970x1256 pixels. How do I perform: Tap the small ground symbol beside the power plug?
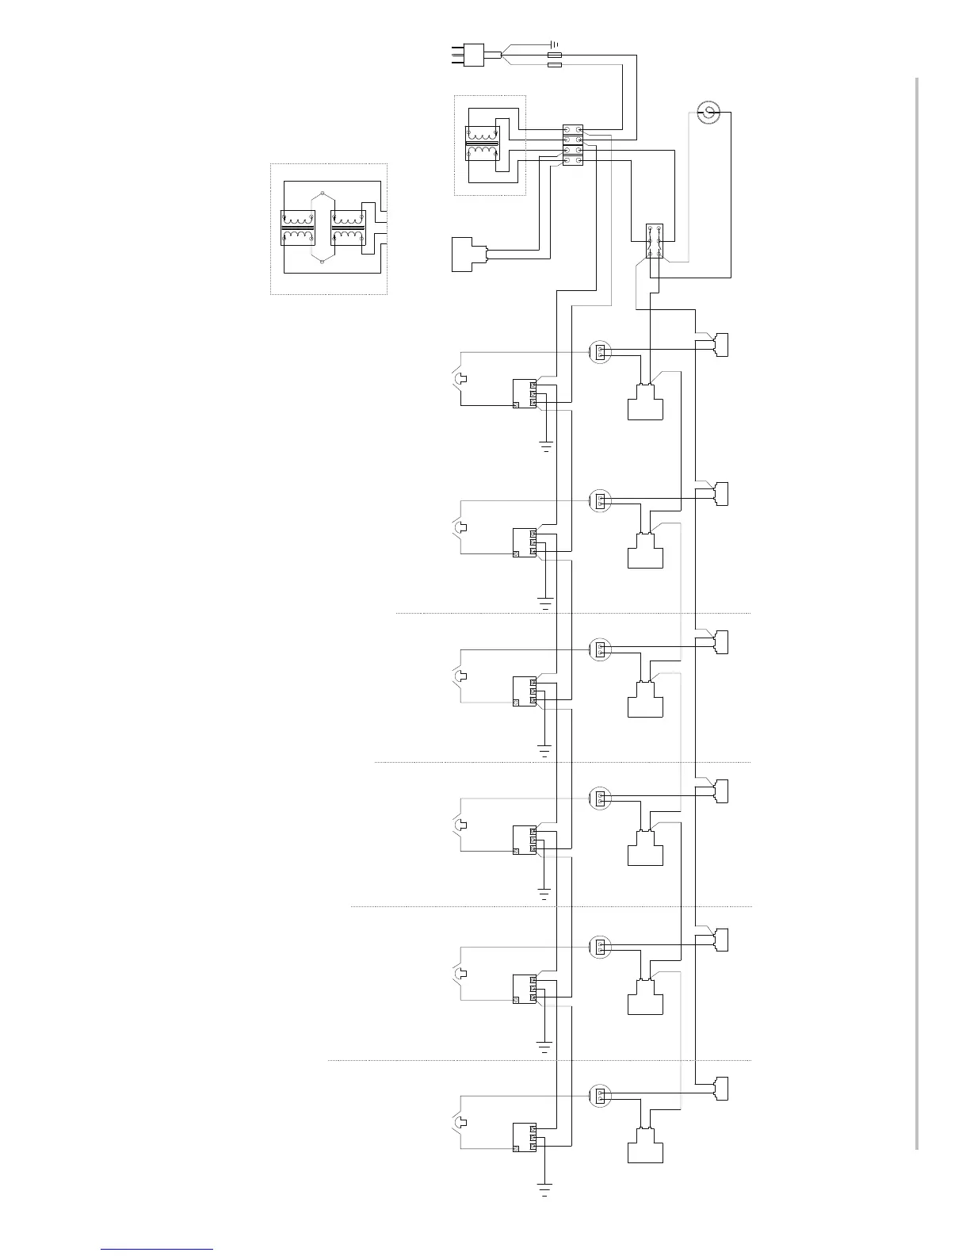[554, 44]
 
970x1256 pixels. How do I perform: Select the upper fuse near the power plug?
[555, 55]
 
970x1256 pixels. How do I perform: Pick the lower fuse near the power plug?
[555, 65]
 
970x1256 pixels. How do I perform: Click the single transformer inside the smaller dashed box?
[482, 143]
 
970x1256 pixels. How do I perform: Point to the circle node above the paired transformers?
[323, 193]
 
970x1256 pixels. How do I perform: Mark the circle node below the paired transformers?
[323, 262]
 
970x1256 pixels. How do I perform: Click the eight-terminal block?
[573, 144]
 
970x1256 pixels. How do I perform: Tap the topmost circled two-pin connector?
[600, 351]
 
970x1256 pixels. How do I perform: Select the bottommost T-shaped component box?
[645, 1146]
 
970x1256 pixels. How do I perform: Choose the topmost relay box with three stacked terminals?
[525, 394]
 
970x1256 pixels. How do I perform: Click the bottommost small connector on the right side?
[720, 1088]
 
